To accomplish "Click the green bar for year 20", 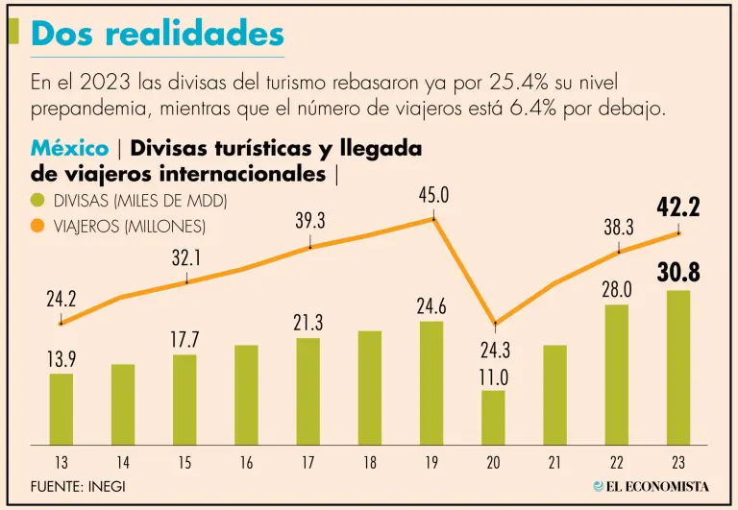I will point(493,417).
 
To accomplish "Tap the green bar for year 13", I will point(61,408).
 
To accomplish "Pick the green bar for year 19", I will point(431,382).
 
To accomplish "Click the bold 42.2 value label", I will point(678,206).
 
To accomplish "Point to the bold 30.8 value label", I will point(678,273).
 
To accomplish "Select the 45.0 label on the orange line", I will point(433,197).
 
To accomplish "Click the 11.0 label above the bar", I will point(493,377).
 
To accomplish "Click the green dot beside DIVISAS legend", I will point(38,201).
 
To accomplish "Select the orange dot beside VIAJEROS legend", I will point(38,227).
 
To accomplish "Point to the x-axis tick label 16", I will point(246,464).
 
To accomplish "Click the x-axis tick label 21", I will point(555,464).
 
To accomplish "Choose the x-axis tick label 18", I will point(370,464).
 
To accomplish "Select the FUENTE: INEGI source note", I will point(78,486).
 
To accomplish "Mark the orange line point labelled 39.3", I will point(310,247).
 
